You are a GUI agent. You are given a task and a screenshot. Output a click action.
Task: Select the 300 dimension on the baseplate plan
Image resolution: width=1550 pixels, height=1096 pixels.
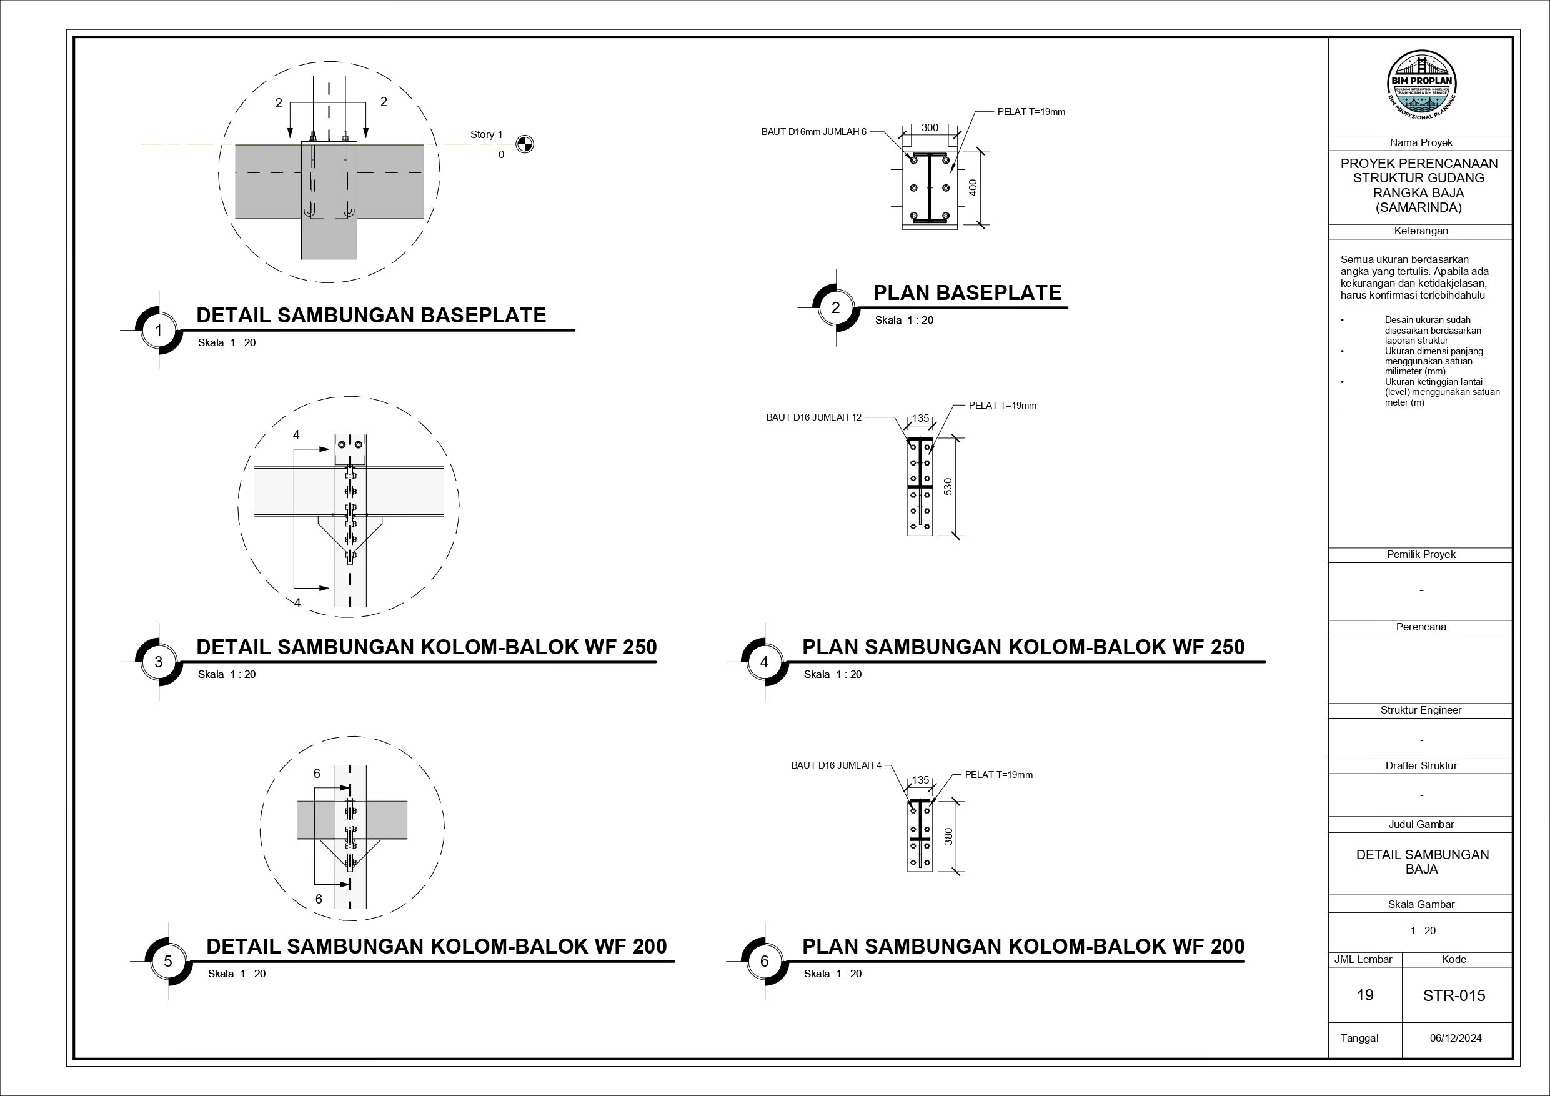pyautogui.click(x=930, y=127)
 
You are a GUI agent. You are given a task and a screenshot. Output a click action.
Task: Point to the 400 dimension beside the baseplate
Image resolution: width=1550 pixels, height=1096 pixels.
pyautogui.click(x=973, y=187)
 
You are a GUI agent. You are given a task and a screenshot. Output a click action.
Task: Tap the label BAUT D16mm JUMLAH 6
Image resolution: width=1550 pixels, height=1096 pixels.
pyautogui.click(x=813, y=132)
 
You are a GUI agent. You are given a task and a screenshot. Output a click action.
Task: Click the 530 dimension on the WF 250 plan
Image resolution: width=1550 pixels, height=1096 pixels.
pyautogui.click(x=948, y=486)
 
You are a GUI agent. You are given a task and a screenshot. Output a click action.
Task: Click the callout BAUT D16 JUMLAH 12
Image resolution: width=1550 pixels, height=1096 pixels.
pyautogui.click(x=813, y=417)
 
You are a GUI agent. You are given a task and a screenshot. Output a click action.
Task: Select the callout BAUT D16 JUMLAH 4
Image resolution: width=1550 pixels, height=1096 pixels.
pyautogui.click(x=836, y=765)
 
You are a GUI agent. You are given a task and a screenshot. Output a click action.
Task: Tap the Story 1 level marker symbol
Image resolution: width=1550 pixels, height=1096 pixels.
pyautogui.click(x=525, y=144)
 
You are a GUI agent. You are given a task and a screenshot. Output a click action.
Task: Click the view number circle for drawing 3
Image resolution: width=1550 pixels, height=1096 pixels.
pyautogui.click(x=159, y=662)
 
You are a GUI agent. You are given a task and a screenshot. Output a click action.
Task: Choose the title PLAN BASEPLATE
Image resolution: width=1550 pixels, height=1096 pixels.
pyautogui.click(x=966, y=292)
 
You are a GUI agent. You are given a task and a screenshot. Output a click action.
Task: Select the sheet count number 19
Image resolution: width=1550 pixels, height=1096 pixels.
pyautogui.click(x=1364, y=995)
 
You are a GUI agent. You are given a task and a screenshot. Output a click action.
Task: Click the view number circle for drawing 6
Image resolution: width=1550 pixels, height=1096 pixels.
pyautogui.click(x=764, y=961)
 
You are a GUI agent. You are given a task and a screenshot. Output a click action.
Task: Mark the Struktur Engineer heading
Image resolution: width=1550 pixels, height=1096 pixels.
pyautogui.click(x=1421, y=710)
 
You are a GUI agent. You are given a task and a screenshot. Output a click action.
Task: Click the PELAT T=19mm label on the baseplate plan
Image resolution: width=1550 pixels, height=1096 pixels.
pyautogui.click(x=1031, y=112)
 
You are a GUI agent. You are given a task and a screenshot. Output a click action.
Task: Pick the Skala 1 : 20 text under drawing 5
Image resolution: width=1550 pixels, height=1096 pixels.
pyautogui.click(x=236, y=974)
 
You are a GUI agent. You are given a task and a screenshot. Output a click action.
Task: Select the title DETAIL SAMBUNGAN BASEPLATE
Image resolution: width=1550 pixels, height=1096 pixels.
pyautogui.click(x=370, y=316)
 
